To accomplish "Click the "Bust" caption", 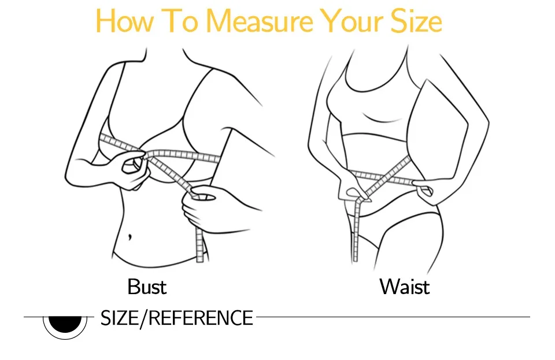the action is coord(147,287).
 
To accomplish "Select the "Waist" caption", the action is coord(405,287).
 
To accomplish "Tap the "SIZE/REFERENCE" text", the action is coord(177,318).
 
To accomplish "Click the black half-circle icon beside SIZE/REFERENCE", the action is coord(65,324).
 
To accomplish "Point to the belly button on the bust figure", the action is coord(130,236).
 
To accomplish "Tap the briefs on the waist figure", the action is coord(389,230).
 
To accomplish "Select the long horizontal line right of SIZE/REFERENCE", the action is coord(393,317).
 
